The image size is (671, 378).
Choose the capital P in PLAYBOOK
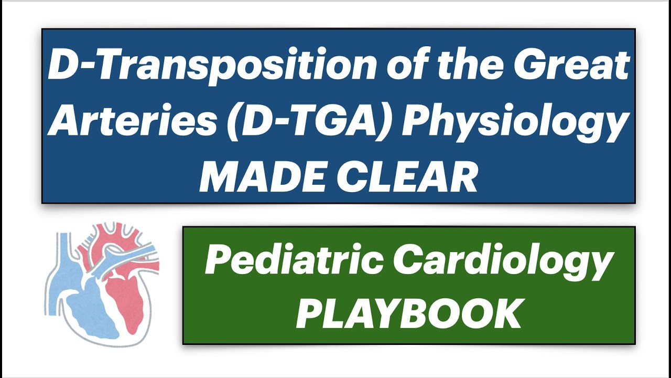click(x=310, y=313)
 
